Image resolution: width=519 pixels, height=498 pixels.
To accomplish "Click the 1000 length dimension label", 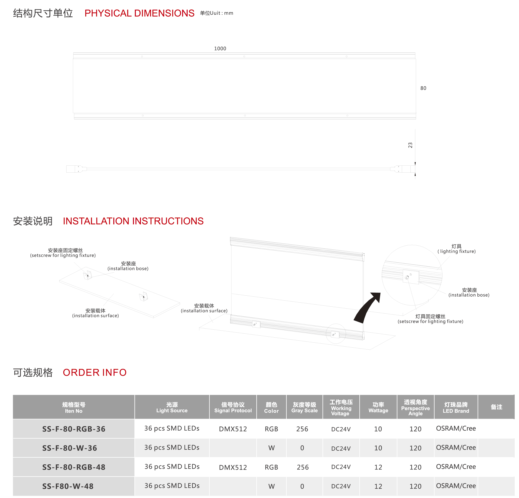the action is (220, 49).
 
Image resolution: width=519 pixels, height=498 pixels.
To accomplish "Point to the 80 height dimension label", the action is (423, 88).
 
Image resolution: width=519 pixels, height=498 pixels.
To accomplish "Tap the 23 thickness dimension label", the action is (410, 145).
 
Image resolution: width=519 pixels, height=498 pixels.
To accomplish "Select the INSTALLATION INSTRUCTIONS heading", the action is (133, 221).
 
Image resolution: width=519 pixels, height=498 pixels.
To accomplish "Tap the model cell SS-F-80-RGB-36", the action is (74, 429).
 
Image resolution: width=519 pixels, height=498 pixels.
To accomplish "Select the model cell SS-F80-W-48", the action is (68, 486).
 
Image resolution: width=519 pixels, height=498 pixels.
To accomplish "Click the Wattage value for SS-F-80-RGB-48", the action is (378, 467).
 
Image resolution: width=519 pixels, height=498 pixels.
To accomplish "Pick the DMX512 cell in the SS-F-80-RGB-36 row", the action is (233, 429).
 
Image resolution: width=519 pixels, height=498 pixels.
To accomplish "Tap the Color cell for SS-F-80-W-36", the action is (271, 448).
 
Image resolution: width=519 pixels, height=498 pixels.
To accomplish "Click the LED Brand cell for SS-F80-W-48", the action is (456, 486).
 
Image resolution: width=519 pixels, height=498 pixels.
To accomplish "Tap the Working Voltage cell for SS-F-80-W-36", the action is (341, 449).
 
